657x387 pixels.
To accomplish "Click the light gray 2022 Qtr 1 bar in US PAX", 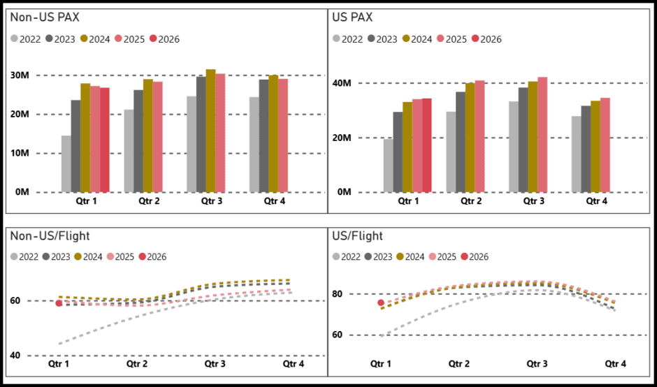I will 388,166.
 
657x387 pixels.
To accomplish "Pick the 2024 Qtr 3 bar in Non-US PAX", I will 210,131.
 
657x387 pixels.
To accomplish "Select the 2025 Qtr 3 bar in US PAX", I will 542,134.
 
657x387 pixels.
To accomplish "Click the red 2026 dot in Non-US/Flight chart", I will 59,303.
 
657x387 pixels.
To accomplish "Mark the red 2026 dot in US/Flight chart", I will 381,302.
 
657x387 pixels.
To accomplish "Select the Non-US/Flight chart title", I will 50,237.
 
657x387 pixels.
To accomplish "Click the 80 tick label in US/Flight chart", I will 342,294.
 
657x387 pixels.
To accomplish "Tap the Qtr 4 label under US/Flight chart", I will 616,364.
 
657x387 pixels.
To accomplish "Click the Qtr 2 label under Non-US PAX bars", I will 147,202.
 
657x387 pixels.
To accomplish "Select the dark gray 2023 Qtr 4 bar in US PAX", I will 586,149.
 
